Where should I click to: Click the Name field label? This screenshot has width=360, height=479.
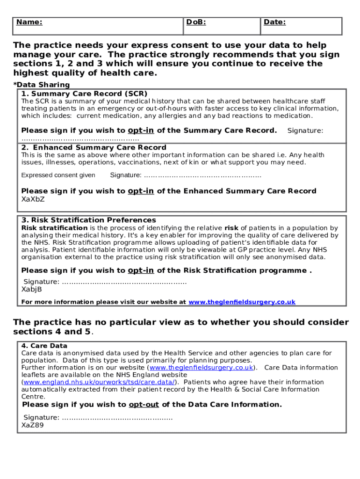point(29,22)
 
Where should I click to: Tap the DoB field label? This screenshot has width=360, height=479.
point(196,22)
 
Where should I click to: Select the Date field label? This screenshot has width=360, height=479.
point(274,22)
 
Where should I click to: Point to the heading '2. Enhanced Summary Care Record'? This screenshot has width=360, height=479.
point(87,147)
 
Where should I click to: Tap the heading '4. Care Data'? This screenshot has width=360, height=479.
point(44,346)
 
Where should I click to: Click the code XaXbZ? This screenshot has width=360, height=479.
point(33,199)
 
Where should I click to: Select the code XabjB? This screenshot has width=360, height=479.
point(32,289)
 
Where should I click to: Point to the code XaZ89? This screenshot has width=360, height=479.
point(33,425)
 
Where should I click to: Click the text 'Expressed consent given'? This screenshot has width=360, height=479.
point(58,175)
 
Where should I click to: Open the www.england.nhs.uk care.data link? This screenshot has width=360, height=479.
point(99,382)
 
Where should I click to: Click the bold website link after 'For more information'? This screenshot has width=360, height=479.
point(242,302)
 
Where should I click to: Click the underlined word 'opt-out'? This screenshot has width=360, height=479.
point(144,405)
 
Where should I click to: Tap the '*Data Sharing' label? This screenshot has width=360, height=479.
point(41,85)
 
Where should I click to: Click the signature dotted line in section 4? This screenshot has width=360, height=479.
point(117,418)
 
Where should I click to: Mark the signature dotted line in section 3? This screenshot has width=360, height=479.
point(124,282)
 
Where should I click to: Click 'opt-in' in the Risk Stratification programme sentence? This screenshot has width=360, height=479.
point(141,270)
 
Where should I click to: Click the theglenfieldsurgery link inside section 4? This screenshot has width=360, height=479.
point(202,368)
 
